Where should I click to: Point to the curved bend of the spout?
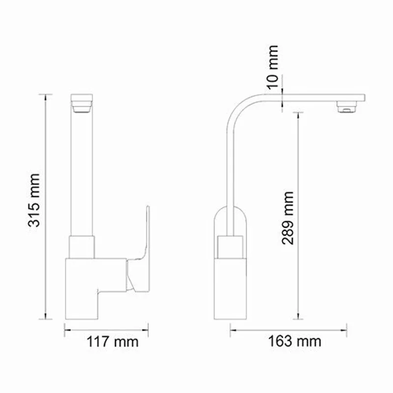243,106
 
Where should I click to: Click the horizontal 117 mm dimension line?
107,330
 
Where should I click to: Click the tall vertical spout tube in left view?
82,172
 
